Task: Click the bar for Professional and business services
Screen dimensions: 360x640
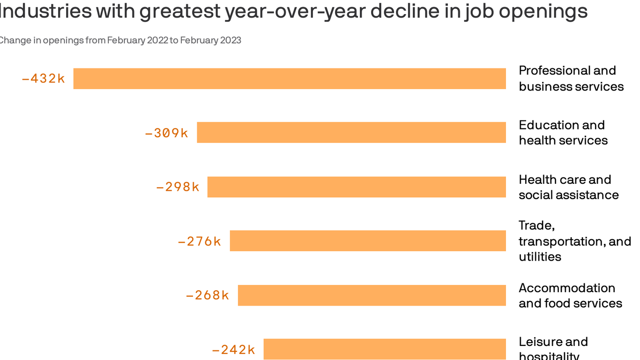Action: point(290,78)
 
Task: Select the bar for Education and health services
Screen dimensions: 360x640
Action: point(351,133)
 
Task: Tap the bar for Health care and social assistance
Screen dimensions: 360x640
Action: point(357,187)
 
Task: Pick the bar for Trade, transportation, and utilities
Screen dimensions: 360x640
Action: point(368,241)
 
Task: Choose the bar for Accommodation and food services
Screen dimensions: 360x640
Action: point(372,295)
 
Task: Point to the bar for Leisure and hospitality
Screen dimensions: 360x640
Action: point(385,349)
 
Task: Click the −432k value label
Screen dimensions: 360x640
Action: point(44,79)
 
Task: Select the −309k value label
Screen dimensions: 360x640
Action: point(167,133)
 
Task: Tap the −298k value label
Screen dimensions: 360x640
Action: point(178,187)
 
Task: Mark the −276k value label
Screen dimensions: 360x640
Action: point(200,241)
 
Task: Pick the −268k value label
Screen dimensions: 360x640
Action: point(208,295)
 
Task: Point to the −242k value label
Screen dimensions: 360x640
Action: point(234,350)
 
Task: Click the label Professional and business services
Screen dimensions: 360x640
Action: point(571,78)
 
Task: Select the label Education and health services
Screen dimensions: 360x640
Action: point(563,133)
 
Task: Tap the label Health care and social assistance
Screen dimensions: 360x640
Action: point(569,187)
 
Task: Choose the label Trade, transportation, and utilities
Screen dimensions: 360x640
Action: point(575,241)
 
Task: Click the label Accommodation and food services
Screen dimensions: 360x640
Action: point(570,295)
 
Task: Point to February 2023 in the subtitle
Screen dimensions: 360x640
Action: point(210,40)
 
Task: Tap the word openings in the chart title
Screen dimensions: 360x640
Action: point(543,11)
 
